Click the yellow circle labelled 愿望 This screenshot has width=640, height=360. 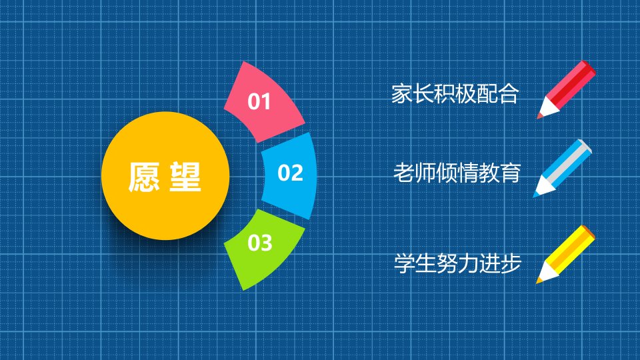(x=165, y=175)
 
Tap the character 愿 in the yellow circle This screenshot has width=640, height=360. (x=144, y=177)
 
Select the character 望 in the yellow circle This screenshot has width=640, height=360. (x=185, y=177)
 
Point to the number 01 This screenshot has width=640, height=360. (x=259, y=101)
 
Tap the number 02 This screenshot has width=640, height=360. (x=290, y=173)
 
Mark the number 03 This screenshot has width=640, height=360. (x=259, y=243)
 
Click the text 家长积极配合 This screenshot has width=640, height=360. (x=455, y=94)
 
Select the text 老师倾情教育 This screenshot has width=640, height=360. (x=457, y=173)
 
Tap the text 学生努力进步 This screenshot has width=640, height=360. (x=457, y=263)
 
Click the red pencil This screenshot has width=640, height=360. (x=567, y=89)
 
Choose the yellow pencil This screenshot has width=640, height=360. (x=566, y=254)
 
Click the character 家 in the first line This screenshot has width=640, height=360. (x=402, y=94)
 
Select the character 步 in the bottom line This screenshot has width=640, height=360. (x=511, y=263)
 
